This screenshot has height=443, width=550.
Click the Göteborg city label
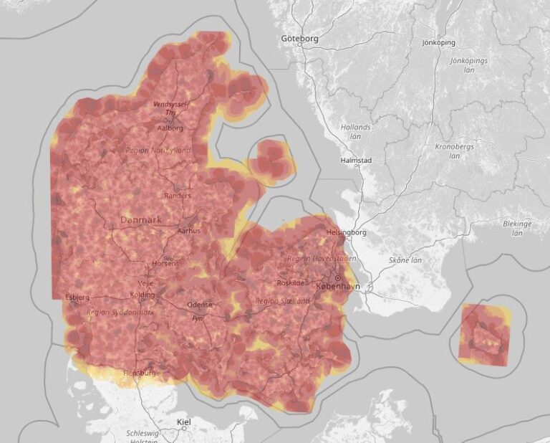pyautogui.click(x=299, y=38)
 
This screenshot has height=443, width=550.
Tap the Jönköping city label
pyautogui.click(x=438, y=42)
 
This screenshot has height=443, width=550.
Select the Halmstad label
pyautogui.click(x=356, y=161)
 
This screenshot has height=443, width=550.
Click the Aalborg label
pyautogui.click(x=170, y=128)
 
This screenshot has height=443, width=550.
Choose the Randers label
pyautogui.click(x=178, y=195)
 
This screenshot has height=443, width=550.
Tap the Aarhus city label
pyautogui.click(x=189, y=231)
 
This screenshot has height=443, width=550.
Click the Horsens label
pyautogui.click(x=165, y=265)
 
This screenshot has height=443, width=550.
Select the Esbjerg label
pyautogui.click(x=77, y=297)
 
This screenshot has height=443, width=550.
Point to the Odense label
pyautogui.click(x=200, y=305)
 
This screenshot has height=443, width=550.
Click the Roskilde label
pyautogui.click(x=293, y=283)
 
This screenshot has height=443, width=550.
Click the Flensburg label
pyautogui.click(x=140, y=373)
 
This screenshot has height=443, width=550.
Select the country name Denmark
pyautogui.click(x=141, y=219)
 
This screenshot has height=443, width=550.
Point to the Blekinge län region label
pyautogui.click(x=517, y=228)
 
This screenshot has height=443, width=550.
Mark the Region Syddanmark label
pyautogui.click(x=120, y=312)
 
